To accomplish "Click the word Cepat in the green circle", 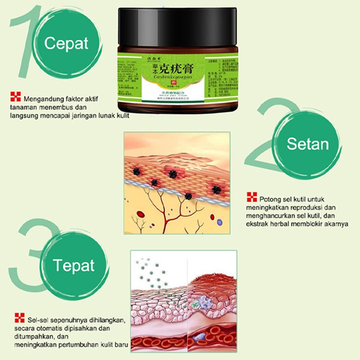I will click(67, 44).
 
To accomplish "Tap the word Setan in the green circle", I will click(308, 144).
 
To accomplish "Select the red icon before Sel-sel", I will click(18, 318).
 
